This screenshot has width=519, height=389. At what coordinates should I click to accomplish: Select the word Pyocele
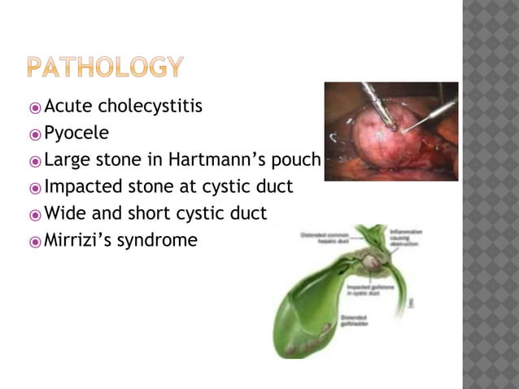pyautogui.click(x=76, y=133)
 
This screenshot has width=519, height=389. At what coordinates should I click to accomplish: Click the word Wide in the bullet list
pyautogui.click(x=64, y=213)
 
